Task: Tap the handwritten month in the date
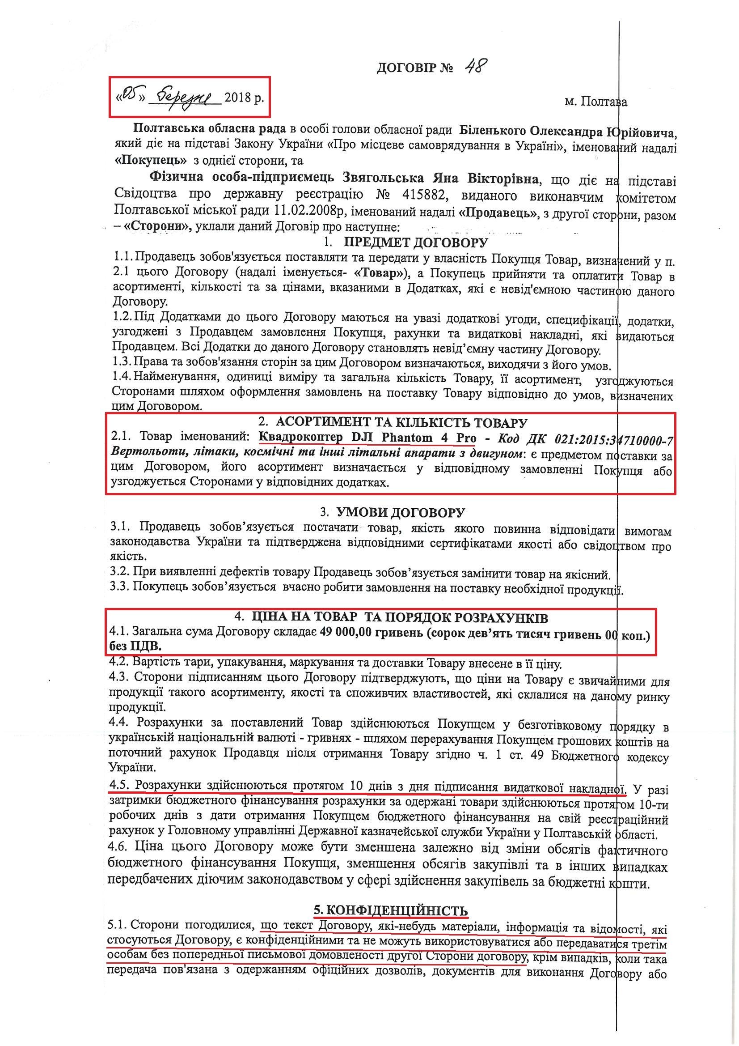pos(188,97)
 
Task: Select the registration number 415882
pos(423,196)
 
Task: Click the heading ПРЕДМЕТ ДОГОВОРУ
pos(415,242)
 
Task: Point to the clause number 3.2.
pos(120,574)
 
